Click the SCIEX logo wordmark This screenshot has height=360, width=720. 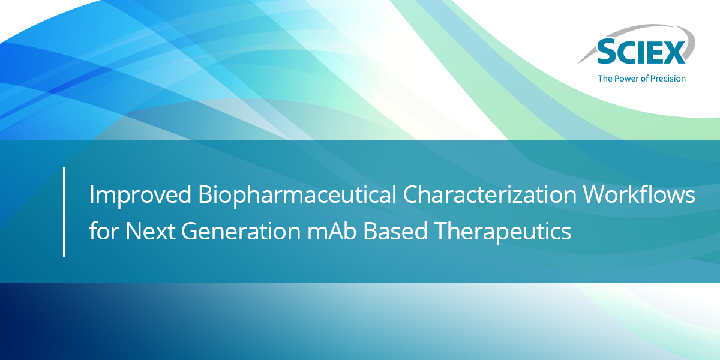[x=641, y=53]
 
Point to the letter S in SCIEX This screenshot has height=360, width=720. [x=607, y=53]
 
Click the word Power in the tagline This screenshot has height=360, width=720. [x=626, y=79]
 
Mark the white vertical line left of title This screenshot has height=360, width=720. [x=64, y=212]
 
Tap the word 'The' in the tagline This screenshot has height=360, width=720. [x=605, y=79]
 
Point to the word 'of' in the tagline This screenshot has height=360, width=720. [x=644, y=79]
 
